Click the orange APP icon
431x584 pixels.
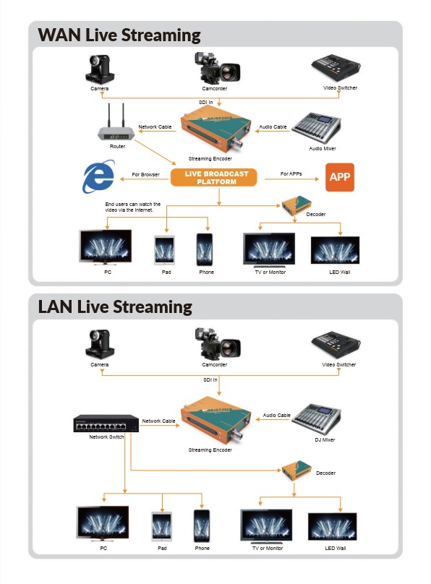pos(340,177)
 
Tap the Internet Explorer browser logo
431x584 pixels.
pos(98,176)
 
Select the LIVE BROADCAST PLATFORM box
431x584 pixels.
pos(214,178)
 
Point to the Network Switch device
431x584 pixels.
pos(106,424)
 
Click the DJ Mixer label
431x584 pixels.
pos(325,440)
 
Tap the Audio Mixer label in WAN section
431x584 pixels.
pos(323,148)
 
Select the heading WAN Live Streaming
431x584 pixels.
pos(119,35)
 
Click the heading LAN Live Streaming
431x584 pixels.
pos(115,307)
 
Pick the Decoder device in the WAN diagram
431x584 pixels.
pos(296,206)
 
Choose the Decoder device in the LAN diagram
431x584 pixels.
pos(296,471)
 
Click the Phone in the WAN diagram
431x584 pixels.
pos(205,249)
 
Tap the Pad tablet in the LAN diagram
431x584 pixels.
pos(162,527)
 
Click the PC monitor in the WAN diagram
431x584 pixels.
pos(106,247)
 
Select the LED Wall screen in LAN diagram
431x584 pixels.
pos(332,527)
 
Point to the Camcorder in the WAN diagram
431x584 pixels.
pos(217,69)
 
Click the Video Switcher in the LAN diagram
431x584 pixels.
pos(336,345)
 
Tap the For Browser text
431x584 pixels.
pos(145,174)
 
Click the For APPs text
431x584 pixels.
pos(291,173)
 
